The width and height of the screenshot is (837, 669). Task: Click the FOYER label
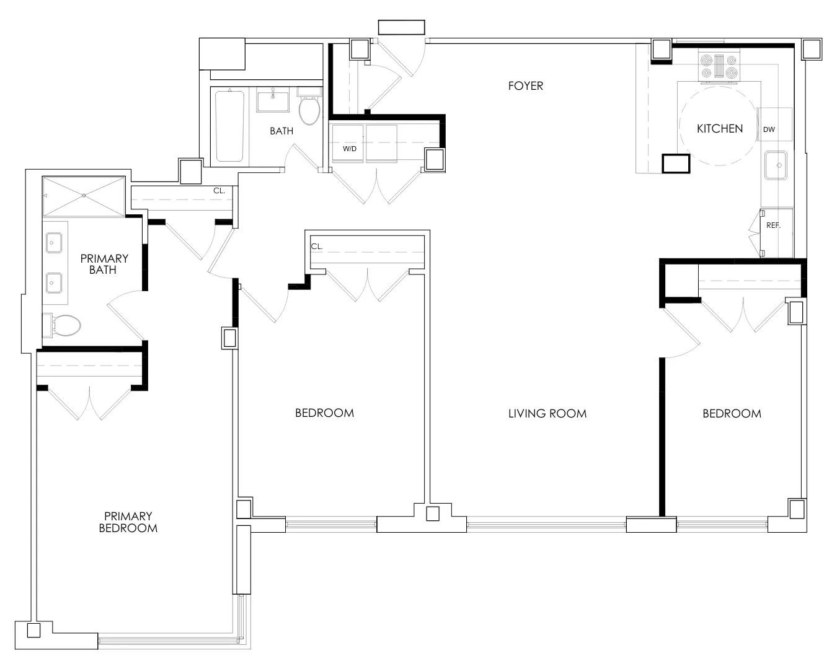point(525,86)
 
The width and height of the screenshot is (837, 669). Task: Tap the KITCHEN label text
point(719,129)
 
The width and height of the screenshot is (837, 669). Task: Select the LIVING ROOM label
point(547,413)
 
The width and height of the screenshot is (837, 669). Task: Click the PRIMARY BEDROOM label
point(128,522)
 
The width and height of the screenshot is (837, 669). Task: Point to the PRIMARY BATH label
point(104,264)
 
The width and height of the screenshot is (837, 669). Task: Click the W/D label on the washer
point(350,149)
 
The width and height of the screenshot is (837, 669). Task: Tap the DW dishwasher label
point(769,129)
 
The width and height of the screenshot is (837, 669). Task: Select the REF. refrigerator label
point(773,225)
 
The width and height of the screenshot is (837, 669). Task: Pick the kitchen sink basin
point(775,165)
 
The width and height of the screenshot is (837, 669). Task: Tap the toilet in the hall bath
point(309,110)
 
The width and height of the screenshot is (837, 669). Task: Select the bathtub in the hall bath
point(229,126)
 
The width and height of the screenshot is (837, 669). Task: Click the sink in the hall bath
point(273,100)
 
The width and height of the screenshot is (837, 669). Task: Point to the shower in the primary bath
point(84,196)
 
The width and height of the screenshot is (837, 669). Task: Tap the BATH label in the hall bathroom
point(281,131)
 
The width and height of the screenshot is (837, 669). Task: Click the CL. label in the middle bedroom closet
point(317,246)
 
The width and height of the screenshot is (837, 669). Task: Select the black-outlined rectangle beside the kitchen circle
point(676,163)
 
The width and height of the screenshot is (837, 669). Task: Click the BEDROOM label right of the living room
point(732,413)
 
